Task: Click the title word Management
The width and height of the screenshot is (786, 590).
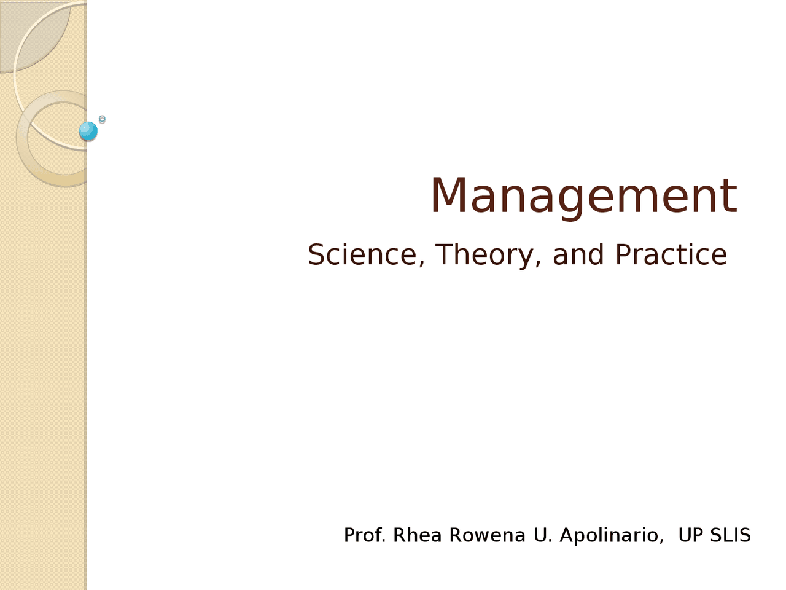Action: (x=583, y=196)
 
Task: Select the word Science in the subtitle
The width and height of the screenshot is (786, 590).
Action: (x=362, y=254)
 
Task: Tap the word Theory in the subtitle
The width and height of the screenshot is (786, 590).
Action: (x=485, y=254)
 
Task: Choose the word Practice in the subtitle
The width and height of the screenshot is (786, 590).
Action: (x=671, y=254)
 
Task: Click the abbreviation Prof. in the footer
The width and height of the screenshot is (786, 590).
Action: (x=365, y=535)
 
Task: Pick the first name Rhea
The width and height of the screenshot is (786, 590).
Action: (x=417, y=535)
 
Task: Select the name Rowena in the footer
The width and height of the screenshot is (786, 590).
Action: (x=487, y=535)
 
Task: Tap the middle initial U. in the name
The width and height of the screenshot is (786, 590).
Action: (x=543, y=535)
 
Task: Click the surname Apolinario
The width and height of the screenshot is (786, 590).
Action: (x=610, y=535)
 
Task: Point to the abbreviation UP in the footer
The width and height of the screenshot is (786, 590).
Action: (x=690, y=535)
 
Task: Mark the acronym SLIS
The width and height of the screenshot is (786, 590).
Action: (x=730, y=535)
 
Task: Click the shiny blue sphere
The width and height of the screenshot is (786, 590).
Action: (x=88, y=131)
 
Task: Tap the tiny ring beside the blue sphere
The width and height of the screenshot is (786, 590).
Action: (x=102, y=120)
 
